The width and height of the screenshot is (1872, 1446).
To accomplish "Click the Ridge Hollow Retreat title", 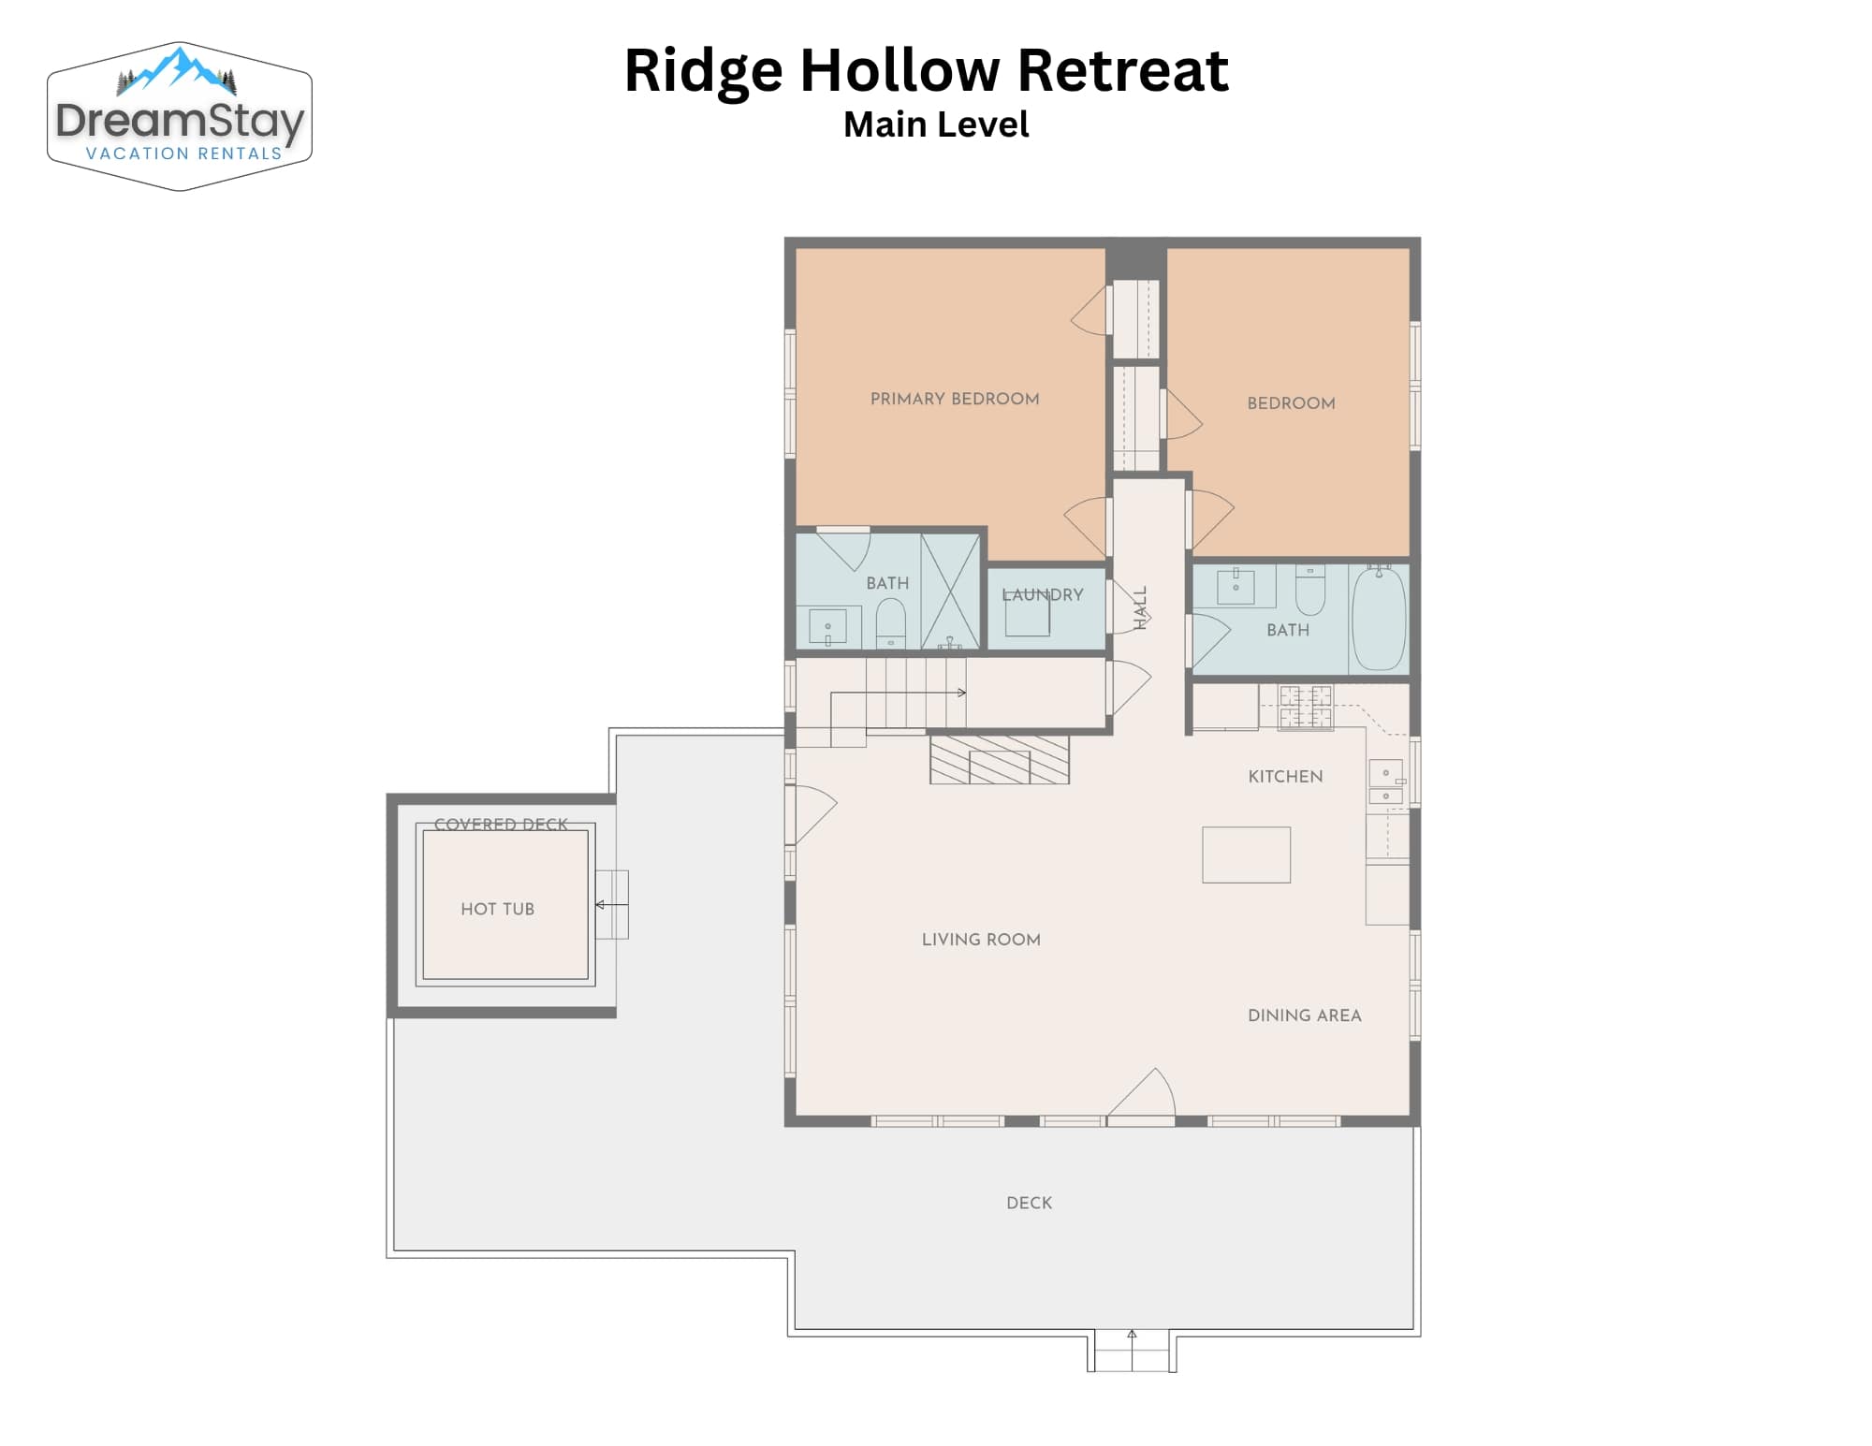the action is click(926, 71).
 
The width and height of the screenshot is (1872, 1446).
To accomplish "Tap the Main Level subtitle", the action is click(936, 124).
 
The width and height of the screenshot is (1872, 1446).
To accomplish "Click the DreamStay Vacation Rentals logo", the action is click(180, 116).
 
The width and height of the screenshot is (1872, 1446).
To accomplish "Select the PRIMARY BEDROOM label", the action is click(955, 399).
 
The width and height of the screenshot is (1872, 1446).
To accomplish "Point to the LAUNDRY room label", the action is click(1043, 594).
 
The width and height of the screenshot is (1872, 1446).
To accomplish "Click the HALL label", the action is click(1140, 607).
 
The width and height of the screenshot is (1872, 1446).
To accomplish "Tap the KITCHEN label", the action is click(1285, 776).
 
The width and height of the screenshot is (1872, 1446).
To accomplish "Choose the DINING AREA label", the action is click(1304, 1015).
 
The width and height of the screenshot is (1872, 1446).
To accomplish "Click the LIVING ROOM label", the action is click(981, 940).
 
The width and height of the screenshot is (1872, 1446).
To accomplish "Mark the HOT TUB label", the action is click(497, 909).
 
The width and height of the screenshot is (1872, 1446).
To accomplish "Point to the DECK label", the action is click(1029, 1203).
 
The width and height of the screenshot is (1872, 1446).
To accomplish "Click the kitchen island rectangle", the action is click(1246, 854).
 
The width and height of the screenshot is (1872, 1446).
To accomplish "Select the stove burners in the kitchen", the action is click(1306, 707).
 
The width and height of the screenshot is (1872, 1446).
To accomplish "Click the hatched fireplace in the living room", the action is click(1000, 759).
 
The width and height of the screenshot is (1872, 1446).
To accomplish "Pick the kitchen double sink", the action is click(1386, 782).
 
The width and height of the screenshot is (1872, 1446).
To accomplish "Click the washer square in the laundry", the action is click(1027, 614).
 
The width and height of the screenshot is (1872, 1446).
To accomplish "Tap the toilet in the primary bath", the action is click(890, 622).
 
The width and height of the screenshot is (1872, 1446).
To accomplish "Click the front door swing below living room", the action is click(1142, 1093).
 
